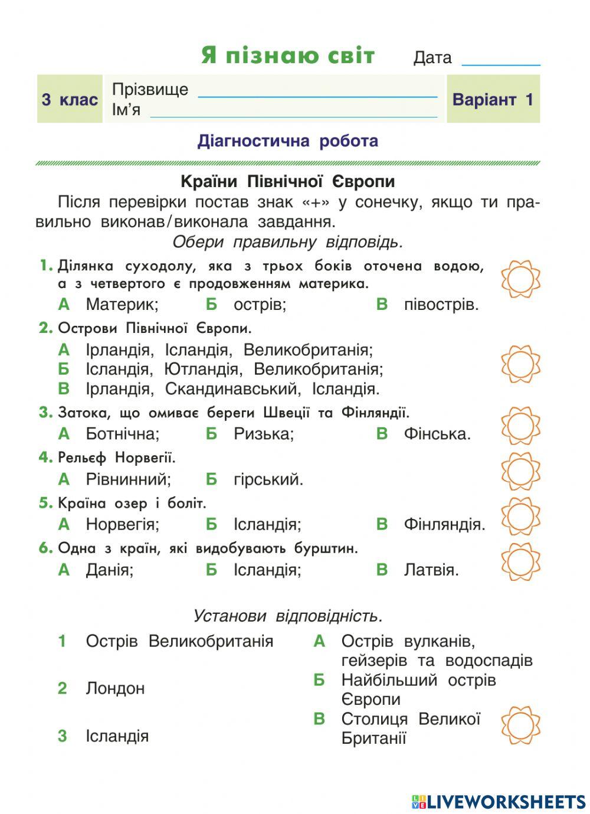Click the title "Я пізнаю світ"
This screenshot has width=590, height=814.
tap(288, 55)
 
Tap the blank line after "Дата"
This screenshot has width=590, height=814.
tap(501, 61)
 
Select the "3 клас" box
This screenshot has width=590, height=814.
tap(70, 99)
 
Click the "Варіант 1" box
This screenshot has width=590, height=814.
tap(493, 99)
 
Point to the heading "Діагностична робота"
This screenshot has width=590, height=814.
tap(288, 141)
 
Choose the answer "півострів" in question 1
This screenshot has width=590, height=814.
tap(441, 305)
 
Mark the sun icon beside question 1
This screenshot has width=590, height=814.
tap(520, 279)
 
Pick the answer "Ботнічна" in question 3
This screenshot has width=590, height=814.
tap(122, 434)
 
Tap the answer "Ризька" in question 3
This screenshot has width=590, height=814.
tap(263, 434)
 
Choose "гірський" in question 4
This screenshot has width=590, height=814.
tap(268, 479)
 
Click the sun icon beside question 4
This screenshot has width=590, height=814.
tap(520, 471)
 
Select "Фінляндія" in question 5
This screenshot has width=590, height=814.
tap(444, 524)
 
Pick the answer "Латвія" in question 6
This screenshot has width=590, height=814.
tap(431, 570)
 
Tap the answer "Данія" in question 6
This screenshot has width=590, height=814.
tap(109, 570)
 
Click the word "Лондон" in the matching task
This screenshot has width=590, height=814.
tap(115, 688)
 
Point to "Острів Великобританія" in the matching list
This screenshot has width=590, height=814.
tap(179, 641)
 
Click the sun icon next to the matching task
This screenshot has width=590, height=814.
tap(520, 725)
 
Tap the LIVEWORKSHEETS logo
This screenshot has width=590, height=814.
tap(499, 801)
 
